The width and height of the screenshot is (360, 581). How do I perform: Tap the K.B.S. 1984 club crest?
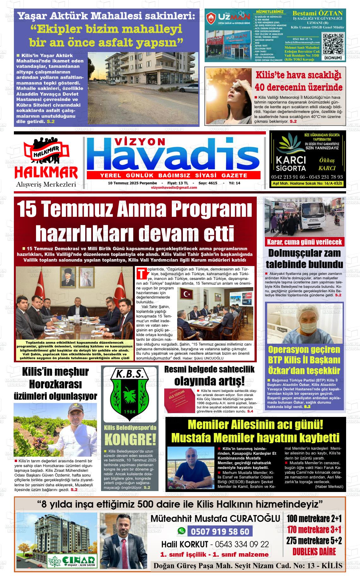[129, 394]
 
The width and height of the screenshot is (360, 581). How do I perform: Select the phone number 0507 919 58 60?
[220, 531]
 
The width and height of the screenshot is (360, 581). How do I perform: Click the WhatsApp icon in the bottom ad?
[181, 531]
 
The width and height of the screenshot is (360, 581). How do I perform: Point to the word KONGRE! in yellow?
[130, 440]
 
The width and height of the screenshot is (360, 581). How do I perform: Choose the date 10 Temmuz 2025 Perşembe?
[132, 183]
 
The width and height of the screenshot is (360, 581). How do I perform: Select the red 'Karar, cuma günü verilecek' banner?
[304, 242]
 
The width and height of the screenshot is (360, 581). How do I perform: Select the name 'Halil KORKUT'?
[185, 544]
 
